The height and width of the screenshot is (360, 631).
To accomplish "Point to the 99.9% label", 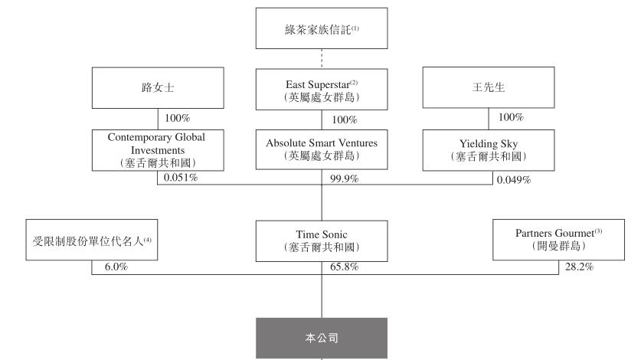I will click(x=340, y=178).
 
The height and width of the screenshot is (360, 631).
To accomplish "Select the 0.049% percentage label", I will click(x=512, y=178).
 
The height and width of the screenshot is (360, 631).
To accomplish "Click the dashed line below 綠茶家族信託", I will click(x=322, y=58).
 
